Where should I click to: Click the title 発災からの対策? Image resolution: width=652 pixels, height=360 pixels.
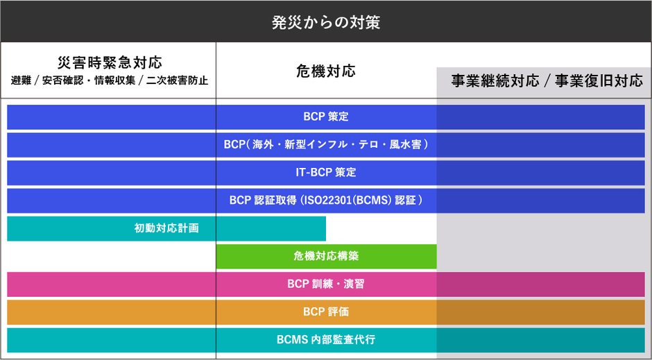325,22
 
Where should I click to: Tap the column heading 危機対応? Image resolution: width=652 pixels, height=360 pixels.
325,70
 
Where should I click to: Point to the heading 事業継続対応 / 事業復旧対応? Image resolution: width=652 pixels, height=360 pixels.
547,80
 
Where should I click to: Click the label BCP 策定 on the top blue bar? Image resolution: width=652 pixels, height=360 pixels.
325,117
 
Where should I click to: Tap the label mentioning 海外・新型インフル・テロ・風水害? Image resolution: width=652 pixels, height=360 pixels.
325,145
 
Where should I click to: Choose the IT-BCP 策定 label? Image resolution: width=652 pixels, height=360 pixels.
325,173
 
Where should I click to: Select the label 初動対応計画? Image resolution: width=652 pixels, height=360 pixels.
166,228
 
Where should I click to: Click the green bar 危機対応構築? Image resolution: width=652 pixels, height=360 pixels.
326,256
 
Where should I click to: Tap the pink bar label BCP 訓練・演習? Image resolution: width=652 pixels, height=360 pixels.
325,284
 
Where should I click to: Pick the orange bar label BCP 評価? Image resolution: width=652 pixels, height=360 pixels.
325,311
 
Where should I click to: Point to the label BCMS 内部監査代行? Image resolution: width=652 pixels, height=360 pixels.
325,340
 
